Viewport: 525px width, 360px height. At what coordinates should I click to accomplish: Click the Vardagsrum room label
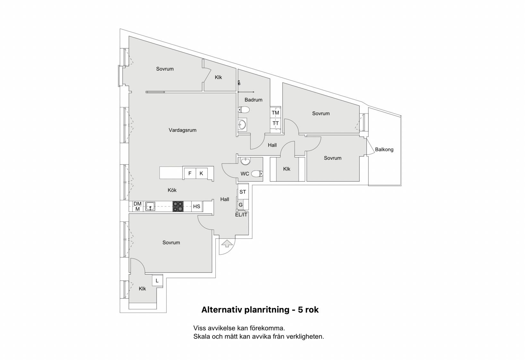coord(183,130)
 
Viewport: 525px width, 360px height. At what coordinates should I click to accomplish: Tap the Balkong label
coord(384,149)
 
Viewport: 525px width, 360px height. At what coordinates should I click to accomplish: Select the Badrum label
coord(254,99)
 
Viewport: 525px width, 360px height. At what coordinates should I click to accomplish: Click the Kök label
coord(172,190)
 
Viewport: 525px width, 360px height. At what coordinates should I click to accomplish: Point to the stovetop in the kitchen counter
coord(178,207)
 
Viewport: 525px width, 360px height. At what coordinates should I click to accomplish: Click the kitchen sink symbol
coord(150,207)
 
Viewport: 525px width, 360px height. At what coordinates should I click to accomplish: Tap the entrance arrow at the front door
coord(226,244)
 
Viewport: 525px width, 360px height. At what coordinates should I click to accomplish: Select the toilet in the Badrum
coord(244,109)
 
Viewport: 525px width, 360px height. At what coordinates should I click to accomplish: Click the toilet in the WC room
coord(257,174)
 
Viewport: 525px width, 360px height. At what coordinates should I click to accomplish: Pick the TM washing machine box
coord(275,113)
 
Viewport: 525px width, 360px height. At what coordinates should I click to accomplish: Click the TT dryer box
coord(275,123)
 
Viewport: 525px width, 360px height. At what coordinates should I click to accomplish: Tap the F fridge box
coord(190,174)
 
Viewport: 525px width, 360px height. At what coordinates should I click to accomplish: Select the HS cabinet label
coord(197,207)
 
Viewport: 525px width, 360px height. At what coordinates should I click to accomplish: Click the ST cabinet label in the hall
coord(243,192)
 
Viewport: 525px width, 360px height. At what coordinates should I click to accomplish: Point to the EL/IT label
coord(241,215)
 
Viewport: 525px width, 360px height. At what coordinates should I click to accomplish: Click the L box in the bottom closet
coord(157,280)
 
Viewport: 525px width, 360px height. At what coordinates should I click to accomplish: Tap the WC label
coord(245,174)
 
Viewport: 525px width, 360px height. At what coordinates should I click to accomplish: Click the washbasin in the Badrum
coord(242,124)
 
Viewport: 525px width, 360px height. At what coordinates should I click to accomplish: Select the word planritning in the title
coord(267,310)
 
